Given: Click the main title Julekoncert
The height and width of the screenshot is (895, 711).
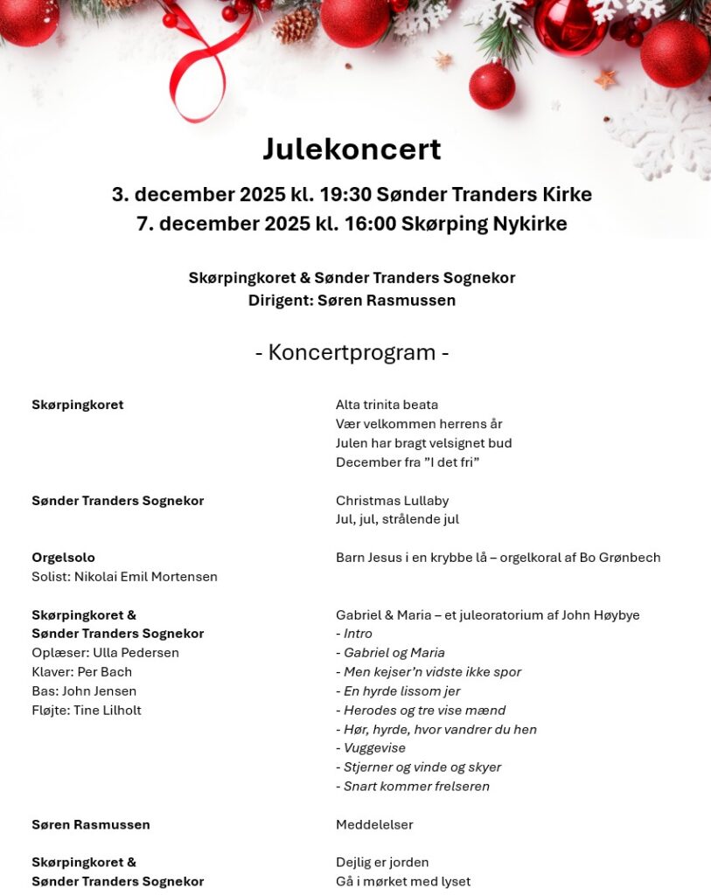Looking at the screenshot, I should (352, 149).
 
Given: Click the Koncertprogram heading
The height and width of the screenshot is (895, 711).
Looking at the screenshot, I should (352, 352).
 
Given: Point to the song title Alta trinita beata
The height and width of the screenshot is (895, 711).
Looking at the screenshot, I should (387, 405).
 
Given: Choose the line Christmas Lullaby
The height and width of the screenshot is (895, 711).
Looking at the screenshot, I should (392, 501).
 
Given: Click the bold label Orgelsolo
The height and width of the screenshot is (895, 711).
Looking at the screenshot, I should (63, 558).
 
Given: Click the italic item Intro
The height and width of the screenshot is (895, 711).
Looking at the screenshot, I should (358, 634).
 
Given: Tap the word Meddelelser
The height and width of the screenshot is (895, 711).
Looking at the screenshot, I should (374, 825).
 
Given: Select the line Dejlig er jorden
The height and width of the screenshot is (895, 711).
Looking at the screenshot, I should (382, 863).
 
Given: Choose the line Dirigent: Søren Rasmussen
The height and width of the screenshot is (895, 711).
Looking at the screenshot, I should (352, 301).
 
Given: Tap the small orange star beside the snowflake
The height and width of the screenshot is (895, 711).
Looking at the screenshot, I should (605, 80).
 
